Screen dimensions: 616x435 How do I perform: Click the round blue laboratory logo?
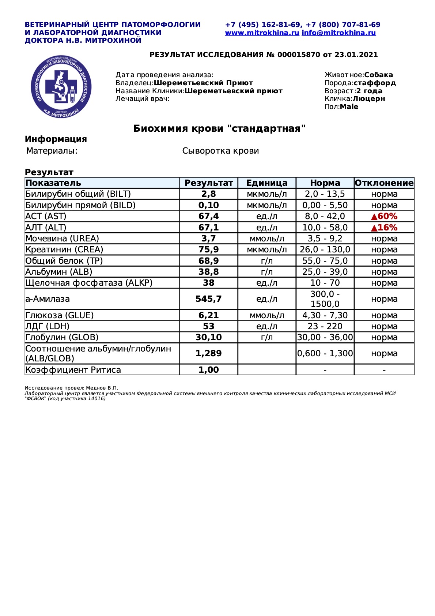tap(61, 87)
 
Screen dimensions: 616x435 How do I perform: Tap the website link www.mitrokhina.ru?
tap(262, 33)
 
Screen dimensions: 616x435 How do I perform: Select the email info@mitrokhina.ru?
tap(338, 33)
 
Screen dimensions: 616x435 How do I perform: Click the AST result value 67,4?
tap(208, 216)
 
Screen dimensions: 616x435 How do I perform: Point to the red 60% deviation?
tap(384, 216)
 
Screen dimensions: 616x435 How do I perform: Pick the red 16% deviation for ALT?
tap(384, 228)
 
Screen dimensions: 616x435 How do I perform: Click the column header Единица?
tap(267, 183)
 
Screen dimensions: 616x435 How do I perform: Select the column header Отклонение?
tap(384, 183)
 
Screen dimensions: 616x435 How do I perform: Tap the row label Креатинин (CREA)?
tap(64, 249)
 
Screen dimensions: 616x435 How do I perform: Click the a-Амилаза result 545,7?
tap(208, 299)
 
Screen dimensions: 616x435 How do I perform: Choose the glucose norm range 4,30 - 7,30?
tap(325, 315)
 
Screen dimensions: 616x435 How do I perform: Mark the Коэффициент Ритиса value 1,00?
tap(208, 370)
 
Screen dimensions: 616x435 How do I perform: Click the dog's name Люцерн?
tap(369, 99)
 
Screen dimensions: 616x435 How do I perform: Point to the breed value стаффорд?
tap(375, 83)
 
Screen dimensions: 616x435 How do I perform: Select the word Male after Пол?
tap(349, 107)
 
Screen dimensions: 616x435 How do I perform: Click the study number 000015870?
tap(299, 55)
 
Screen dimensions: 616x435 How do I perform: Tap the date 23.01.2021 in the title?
tap(356, 55)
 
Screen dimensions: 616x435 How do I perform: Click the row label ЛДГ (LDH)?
tap(48, 326)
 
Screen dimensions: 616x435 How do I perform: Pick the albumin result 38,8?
tap(208, 272)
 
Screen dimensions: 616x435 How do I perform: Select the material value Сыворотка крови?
tap(220, 151)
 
